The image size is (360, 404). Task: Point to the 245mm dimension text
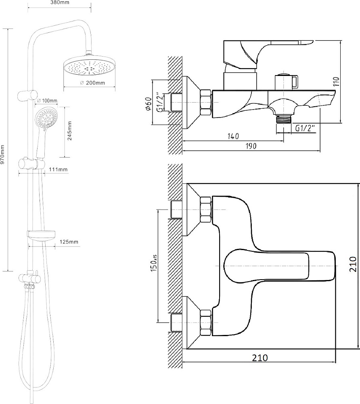pyautogui.click(x=69, y=130)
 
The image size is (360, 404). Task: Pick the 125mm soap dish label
pyautogui.click(x=69, y=242)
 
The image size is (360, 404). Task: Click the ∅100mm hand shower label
pyautogui.click(x=47, y=100)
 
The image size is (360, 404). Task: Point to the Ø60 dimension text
pyautogui.click(x=149, y=104)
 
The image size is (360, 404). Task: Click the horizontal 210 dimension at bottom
pyautogui.click(x=260, y=357)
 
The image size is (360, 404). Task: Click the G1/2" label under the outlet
pyautogui.click(x=305, y=128)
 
